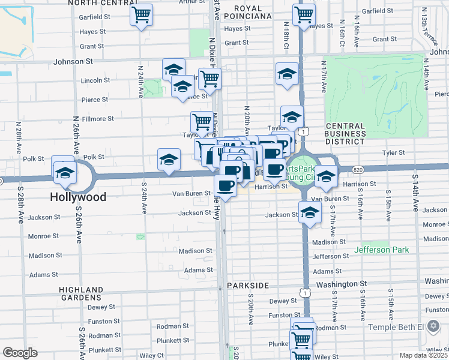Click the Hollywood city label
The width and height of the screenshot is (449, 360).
[x=78, y=197]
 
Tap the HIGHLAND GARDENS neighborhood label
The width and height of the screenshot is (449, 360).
[x=80, y=293]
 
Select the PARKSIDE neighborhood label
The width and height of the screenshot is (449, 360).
[x=247, y=286]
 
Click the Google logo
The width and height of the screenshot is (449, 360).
[x=20, y=353]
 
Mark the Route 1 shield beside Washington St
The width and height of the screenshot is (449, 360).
[x=306, y=293]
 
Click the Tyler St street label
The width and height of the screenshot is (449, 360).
[x=394, y=153]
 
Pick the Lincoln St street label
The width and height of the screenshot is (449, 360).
[x=95, y=80]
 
